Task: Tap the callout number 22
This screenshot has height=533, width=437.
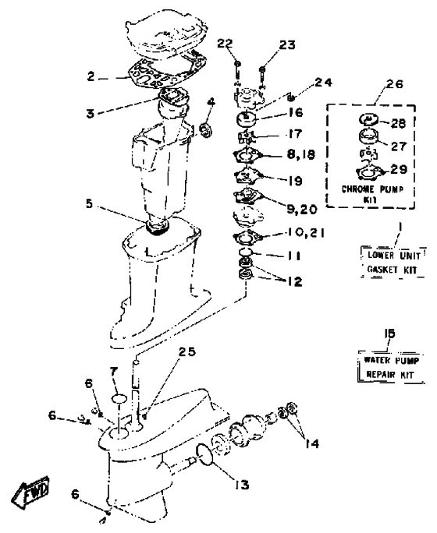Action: (225, 44)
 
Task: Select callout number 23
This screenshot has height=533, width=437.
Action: (287, 45)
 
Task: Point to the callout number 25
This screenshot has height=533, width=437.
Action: (187, 351)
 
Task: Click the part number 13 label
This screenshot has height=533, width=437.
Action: (242, 485)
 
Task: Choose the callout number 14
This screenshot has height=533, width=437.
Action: (312, 443)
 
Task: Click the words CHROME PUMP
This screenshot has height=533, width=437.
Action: (372, 189)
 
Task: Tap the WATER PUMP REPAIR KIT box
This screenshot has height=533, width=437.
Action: (392, 367)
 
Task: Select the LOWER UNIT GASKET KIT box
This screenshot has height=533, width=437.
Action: (393, 262)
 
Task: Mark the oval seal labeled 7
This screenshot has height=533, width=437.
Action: (119, 398)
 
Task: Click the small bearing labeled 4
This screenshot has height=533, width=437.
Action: (206, 131)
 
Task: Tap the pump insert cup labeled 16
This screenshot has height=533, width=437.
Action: (246, 119)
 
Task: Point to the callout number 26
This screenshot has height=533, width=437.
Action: (395, 84)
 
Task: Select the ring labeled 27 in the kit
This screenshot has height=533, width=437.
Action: (369, 136)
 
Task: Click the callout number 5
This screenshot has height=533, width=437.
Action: (89, 203)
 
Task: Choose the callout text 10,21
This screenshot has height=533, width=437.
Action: (306, 233)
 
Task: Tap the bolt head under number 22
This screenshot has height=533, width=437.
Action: (237, 64)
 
